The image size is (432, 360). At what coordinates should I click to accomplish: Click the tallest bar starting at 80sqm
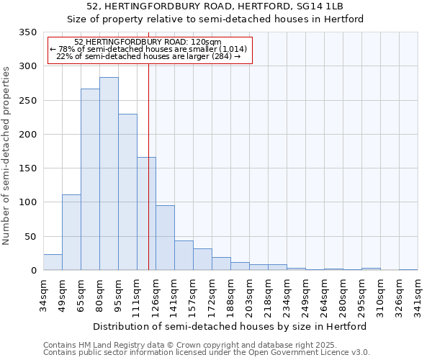109,174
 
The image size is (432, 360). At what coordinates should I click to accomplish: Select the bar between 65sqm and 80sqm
90,179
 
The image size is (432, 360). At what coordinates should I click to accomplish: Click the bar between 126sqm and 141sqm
165,238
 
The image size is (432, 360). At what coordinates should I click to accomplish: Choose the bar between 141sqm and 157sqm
184,256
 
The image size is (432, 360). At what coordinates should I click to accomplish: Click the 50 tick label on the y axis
30,236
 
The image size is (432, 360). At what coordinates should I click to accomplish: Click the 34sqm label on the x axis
43,294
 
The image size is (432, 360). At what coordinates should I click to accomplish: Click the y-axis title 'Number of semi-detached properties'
6,156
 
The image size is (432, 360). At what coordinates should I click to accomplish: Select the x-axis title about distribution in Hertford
230,326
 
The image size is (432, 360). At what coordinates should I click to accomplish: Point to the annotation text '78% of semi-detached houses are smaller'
149,49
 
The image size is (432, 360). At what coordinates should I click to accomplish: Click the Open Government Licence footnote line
207,353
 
